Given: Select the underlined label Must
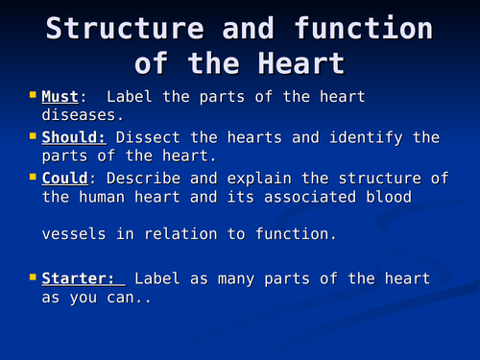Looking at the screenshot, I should pyautogui.click(x=60, y=97).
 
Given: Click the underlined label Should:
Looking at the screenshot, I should pyautogui.click(x=72, y=137).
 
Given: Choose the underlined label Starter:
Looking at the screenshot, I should pyautogui.click(x=82, y=279).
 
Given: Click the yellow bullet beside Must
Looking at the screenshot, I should pyautogui.click(x=32, y=96).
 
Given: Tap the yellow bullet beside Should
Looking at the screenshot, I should pyautogui.click(x=32, y=136).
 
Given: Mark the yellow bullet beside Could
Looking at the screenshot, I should pyautogui.click(x=32, y=177).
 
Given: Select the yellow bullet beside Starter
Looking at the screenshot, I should pyautogui.click(x=32, y=278).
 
